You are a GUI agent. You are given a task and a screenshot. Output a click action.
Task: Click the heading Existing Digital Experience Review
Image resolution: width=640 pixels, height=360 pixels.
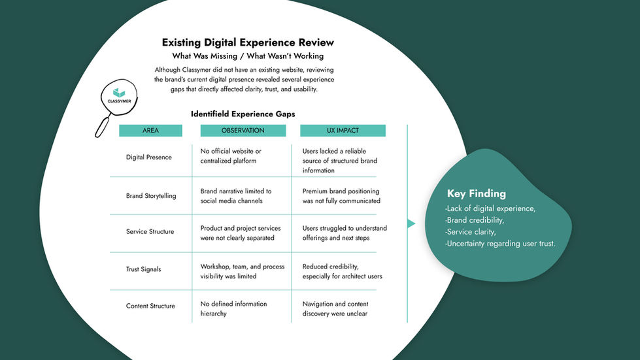point(248,42)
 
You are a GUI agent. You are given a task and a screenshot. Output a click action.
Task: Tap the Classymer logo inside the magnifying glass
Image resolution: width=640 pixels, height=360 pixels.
point(118,96)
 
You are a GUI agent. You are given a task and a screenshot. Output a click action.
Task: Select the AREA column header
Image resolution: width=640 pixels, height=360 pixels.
point(150,131)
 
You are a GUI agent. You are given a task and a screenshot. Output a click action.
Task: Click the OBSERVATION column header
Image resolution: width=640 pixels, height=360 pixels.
point(243,131)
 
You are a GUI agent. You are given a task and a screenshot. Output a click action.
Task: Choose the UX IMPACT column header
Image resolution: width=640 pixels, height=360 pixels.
point(343,131)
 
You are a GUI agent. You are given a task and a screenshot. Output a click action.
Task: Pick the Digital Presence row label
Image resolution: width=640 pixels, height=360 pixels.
point(149,157)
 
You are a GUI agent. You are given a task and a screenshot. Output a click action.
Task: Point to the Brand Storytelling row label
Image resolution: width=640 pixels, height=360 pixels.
point(151,196)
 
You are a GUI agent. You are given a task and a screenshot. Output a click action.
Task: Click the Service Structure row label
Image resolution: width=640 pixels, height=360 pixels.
point(150,232)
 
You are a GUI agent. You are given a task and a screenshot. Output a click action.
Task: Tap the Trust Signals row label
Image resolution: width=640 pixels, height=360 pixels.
point(143,269)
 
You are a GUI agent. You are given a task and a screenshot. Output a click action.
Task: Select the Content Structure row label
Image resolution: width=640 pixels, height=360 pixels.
point(150,306)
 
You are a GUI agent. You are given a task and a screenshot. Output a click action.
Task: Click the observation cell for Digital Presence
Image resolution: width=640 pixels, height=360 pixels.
point(231,155)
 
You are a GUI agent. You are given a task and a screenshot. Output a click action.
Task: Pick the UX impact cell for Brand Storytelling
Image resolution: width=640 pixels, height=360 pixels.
point(341,196)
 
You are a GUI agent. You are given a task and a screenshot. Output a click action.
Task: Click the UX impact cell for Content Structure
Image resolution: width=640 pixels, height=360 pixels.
point(335,308)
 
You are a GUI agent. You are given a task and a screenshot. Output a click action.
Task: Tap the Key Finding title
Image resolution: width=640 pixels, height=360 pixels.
point(477,193)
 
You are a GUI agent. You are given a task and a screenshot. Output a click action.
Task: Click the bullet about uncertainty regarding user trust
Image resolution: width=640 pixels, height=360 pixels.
point(500,244)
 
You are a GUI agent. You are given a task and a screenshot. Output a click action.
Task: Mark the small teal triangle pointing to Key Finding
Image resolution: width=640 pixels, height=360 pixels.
point(411,223)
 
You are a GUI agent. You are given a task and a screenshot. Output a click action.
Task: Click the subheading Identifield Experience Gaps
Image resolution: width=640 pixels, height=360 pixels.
point(243,114)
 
